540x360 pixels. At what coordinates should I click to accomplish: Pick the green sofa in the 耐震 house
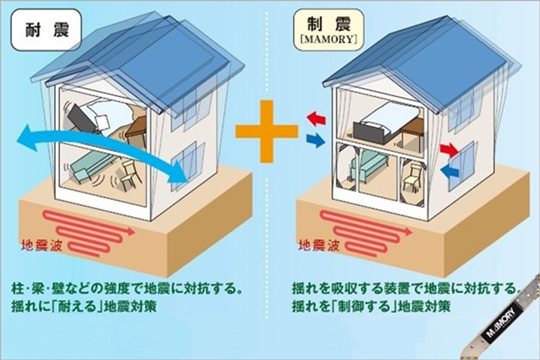[89, 169]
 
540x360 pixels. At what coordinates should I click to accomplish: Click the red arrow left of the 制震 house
[316, 119]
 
